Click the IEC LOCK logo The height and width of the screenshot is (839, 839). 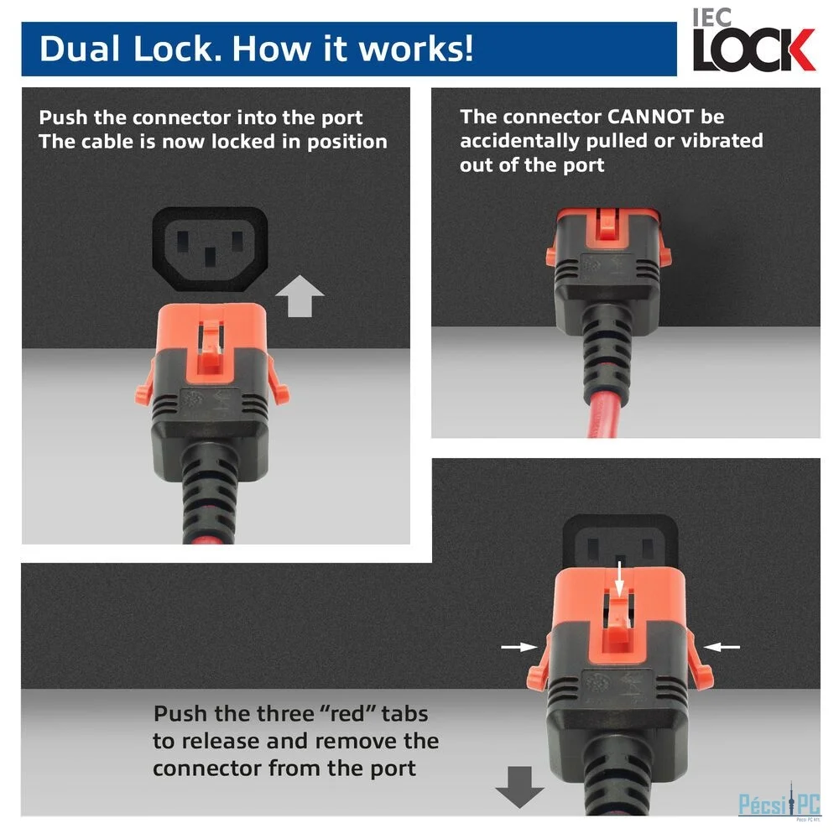pyautogui.click(x=753, y=40)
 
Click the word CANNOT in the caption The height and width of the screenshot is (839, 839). pyautogui.click(x=650, y=117)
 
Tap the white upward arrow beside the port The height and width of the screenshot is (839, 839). pyautogui.click(x=300, y=296)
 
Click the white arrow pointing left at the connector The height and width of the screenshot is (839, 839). pyautogui.click(x=722, y=647)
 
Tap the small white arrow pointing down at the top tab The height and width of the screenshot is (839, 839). pyautogui.click(x=619, y=578)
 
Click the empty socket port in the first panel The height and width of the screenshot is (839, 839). pyautogui.click(x=211, y=249)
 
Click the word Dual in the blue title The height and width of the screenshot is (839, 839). pyautogui.click(x=80, y=49)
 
